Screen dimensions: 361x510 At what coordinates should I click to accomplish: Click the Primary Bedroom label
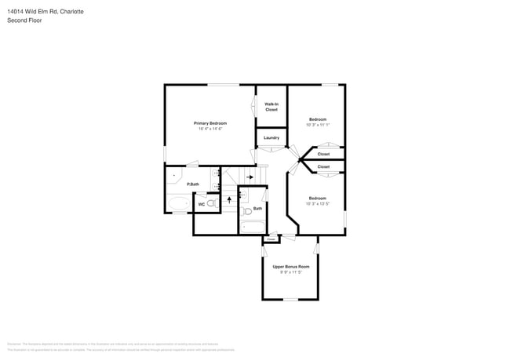tap(210, 123)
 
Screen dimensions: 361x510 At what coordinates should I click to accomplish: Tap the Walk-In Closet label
tap(271, 107)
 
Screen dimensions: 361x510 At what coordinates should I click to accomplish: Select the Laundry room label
tap(271, 138)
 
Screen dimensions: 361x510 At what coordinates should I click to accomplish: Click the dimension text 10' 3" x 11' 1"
tap(318, 125)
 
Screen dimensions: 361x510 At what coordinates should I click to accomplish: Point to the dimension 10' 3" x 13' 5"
tap(318, 203)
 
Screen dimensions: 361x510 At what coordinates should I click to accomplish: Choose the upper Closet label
tap(323, 154)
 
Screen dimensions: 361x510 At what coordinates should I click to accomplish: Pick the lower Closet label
tap(323, 166)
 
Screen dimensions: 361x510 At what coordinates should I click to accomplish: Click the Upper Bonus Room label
tap(290, 267)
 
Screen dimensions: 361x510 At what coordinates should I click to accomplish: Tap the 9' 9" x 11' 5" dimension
tap(290, 272)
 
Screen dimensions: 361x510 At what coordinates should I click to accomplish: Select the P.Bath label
tap(192, 184)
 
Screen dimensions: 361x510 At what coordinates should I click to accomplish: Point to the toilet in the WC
tap(212, 203)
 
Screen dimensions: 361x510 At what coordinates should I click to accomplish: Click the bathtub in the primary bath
tap(178, 205)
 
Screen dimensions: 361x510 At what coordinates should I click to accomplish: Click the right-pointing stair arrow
tap(249, 177)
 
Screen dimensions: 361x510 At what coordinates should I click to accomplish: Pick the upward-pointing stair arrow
tap(229, 199)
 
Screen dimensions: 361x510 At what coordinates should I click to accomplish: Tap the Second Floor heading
tap(25, 20)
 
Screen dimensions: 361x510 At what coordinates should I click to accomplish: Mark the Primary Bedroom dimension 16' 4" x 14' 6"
tap(210, 129)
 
